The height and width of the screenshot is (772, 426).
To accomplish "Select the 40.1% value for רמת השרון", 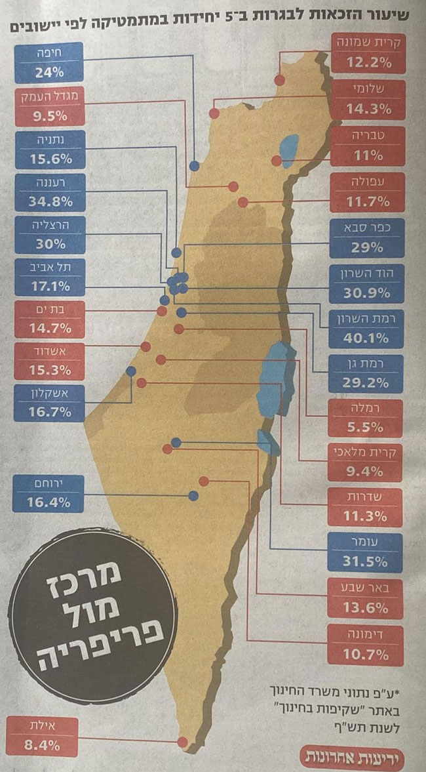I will click(x=368, y=338).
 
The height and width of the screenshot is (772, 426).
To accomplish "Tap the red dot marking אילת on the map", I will click(x=183, y=742).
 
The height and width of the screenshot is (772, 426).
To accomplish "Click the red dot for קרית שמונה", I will click(x=279, y=79).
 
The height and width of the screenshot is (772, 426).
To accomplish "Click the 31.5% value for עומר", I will click(x=368, y=561).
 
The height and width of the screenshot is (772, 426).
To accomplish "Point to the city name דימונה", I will click(x=368, y=634).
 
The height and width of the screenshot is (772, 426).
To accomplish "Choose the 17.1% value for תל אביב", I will click(x=48, y=286).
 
